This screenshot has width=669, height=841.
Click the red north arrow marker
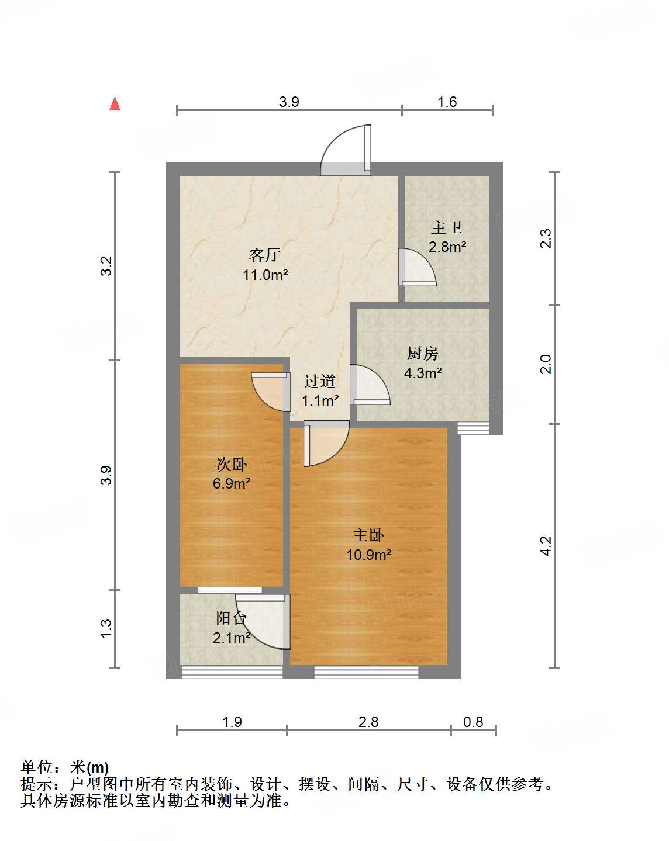(x=115, y=104)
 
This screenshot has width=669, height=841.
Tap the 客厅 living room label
(x=265, y=255)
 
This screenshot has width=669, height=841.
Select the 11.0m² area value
(x=265, y=275)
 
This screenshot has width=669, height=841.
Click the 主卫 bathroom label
(x=447, y=227)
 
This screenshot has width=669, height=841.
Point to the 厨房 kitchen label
(x=423, y=353)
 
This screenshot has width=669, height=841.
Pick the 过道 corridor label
(x=320, y=382)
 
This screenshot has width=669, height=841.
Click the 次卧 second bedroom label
(x=232, y=465)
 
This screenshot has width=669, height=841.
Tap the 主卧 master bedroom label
(x=368, y=535)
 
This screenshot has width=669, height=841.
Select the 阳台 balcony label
(x=232, y=618)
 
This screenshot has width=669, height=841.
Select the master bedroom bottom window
(x=366, y=673)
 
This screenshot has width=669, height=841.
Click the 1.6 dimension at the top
(x=447, y=102)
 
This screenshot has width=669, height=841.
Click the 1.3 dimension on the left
(x=106, y=628)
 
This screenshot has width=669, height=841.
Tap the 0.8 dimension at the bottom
(x=473, y=722)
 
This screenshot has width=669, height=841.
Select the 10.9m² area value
(x=368, y=555)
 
